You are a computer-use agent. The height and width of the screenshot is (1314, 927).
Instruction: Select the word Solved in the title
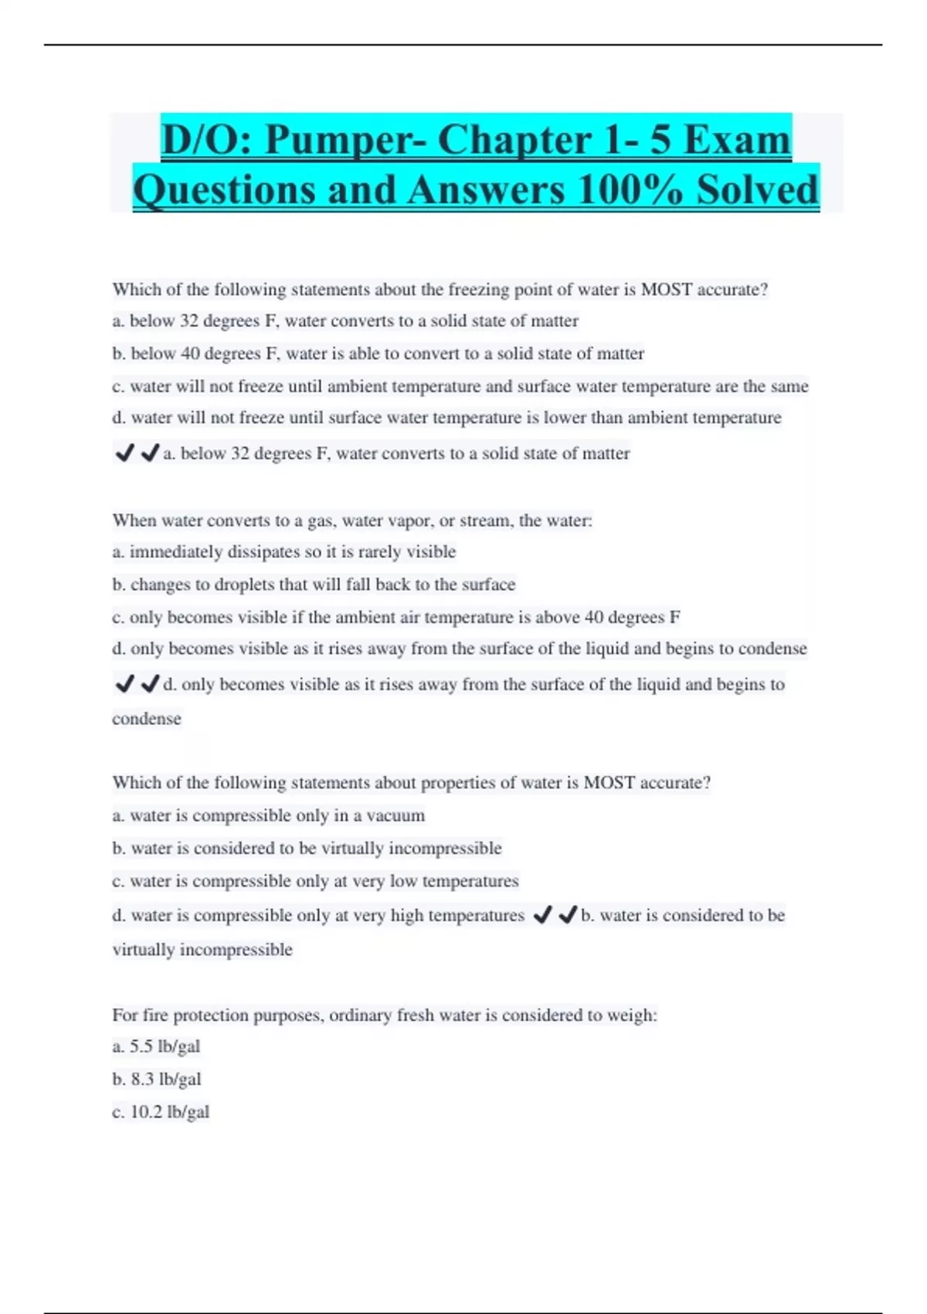[757, 190]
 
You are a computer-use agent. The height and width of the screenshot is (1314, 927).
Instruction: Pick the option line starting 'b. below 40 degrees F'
[378, 354]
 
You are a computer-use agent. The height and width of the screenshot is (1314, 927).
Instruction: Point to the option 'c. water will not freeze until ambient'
[460, 386]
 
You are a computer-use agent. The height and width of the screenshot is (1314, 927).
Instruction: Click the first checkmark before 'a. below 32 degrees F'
[124, 453]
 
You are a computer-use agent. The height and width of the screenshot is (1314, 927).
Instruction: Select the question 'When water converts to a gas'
[351, 521]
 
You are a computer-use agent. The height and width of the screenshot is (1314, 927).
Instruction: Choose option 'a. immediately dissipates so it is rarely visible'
[284, 552]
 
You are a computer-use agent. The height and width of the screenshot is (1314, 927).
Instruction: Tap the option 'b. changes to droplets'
[313, 584]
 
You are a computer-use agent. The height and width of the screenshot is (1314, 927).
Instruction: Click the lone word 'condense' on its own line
[147, 719]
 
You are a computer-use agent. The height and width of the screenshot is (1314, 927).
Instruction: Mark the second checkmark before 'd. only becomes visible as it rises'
[150, 683]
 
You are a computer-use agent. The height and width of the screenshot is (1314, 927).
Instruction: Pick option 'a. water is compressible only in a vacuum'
[268, 815]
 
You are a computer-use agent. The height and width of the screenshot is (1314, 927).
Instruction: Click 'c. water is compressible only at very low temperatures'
[315, 881]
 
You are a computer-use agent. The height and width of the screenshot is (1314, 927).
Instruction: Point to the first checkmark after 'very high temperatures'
[542, 915]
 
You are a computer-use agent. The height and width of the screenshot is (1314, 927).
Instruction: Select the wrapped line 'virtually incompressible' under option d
[202, 950]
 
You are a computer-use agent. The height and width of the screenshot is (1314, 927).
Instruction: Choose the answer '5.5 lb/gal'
[156, 1047]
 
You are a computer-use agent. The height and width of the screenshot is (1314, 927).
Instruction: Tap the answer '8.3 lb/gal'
[157, 1079]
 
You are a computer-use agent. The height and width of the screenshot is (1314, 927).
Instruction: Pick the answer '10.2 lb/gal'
[161, 1112]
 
